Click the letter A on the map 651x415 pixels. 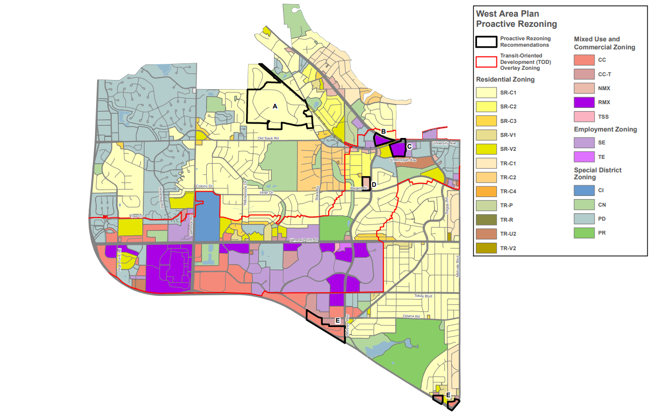(x=275, y=106)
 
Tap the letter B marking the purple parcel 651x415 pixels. (x=384, y=132)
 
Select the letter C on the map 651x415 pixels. (x=409, y=146)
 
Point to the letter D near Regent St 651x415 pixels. (x=374, y=185)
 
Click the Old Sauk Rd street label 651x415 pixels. (x=269, y=139)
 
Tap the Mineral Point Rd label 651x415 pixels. (x=303, y=239)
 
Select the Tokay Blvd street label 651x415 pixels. (x=423, y=296)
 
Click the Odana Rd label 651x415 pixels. (x=409, y=317)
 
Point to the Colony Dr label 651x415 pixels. (x=204, y=186)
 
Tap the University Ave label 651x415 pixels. (x=445, y=144)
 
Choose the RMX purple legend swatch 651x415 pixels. (x=584, y=102)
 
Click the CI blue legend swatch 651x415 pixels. (x=584, y=191)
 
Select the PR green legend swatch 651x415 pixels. (x=584, y=233)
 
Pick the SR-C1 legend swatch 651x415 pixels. (x=487, y=93)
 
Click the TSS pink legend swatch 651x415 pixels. (x=584, y=116)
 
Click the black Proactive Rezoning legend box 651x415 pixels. (x=487, y=42)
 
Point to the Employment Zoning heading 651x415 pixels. (x=605, y=129)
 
